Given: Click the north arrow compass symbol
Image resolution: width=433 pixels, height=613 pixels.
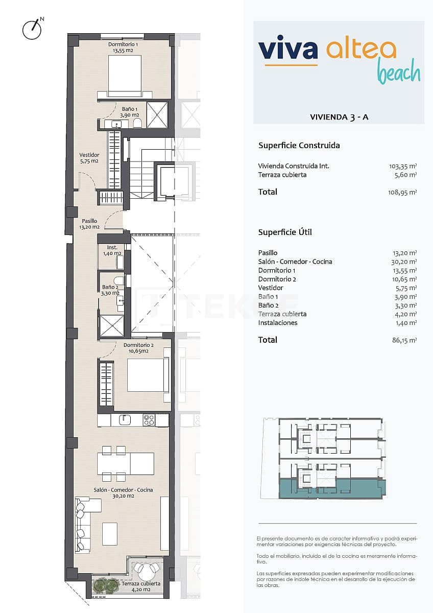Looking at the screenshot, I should [x=32, y=30].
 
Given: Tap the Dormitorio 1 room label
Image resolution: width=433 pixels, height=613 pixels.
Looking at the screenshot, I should [x=123, y=48].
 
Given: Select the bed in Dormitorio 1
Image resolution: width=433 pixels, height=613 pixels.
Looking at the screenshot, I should [x=125, y=75].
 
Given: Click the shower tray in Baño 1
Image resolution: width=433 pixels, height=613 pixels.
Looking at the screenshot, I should [x=157, y=114].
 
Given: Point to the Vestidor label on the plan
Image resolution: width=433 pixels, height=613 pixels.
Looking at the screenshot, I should [x=89, y=158].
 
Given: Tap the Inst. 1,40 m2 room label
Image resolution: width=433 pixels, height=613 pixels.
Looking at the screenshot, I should [x=111, y=250].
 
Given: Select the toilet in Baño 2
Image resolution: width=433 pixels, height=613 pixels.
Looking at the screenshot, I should [x=118, y=280].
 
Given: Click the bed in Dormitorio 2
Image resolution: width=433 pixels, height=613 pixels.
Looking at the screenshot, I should [x=148, y=375].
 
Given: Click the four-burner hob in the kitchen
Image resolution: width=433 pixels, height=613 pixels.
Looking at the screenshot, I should [x=149, y=420].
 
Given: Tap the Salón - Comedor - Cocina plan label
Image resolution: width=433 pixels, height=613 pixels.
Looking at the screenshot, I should [x=123, y=492].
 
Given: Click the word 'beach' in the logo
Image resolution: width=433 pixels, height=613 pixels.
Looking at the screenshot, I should [x=398, y=73].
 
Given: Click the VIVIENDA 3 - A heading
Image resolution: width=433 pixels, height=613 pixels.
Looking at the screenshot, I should [x=339, y=117].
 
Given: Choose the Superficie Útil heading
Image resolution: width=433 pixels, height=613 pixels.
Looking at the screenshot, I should [x=285, y=232].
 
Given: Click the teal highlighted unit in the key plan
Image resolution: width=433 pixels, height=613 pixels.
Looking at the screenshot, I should [x=332, y=488].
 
